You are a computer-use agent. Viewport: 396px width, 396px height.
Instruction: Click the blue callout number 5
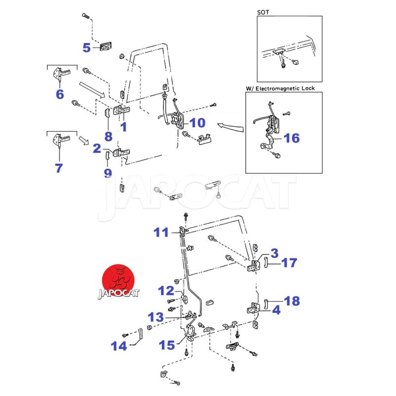87,48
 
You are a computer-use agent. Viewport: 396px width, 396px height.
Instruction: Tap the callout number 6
60,94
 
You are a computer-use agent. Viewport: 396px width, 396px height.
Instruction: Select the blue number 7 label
59,168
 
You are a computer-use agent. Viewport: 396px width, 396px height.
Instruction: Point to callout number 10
197,122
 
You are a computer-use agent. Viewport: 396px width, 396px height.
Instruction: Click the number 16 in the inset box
292,138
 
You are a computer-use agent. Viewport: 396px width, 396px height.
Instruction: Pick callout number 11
161,232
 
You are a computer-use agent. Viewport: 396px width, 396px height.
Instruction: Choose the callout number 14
119,346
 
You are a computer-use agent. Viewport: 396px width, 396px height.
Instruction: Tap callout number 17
290,263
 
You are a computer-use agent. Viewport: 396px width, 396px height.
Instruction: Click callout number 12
166,291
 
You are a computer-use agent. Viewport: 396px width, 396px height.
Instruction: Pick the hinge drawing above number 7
61,140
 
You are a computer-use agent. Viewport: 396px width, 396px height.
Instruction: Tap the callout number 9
108,173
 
